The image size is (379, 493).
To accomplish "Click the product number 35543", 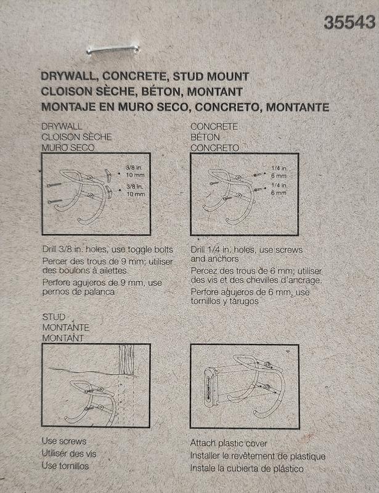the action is [x=349, y=23].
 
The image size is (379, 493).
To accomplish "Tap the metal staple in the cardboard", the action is [x=113, y=49].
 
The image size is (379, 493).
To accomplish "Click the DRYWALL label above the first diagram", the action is [x=62, y=126].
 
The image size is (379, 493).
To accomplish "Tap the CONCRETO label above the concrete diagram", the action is [x=215, y=147].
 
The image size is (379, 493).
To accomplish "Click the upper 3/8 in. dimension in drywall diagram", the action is [x=134, y=168].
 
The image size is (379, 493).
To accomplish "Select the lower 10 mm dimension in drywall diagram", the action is [x=136, y=194].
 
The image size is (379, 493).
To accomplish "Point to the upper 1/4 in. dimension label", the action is [x=280, y=168].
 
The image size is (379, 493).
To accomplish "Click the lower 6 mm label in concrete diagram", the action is [x=279, y=193].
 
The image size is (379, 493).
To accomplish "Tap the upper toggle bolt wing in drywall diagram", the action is [x=108, y=176].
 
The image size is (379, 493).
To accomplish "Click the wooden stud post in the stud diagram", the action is [x=126, y=359].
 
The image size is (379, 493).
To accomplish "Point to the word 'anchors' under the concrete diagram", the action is [x=224, y=259].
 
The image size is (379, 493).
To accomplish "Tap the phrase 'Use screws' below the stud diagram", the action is [x=64, y=441].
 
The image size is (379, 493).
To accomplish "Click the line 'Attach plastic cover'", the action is [x=229, y=443].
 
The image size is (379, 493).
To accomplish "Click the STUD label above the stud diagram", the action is [x=54, y=317].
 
